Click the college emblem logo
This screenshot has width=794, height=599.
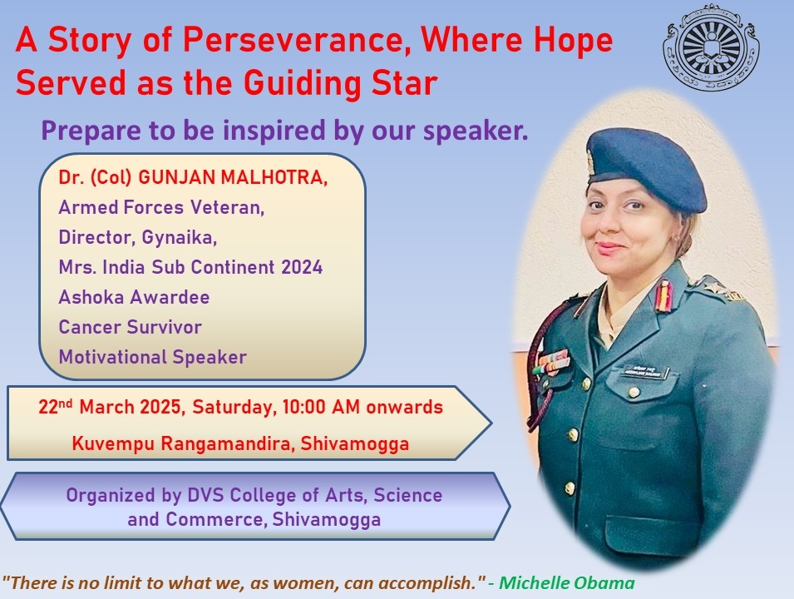point(712,48)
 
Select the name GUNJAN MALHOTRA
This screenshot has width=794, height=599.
point(233,177)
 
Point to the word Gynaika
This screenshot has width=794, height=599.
point(180,238)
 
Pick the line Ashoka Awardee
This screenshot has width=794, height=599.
point(134,297)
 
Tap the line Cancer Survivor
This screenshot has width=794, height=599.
point(131,327)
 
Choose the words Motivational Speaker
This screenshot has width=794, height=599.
point(153,357)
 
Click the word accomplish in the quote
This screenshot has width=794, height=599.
point(427,584)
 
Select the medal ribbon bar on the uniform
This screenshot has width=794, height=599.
point(554,363)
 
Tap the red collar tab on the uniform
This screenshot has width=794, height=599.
point(663,295)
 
